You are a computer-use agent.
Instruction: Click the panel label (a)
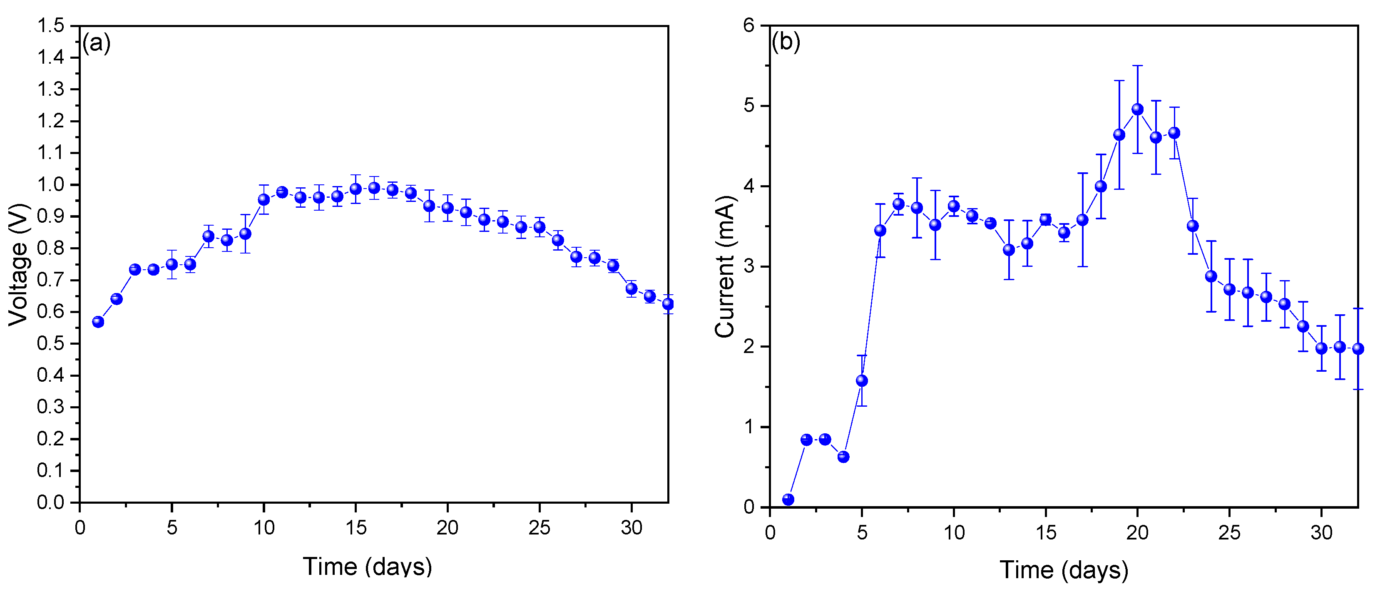click(97, 42)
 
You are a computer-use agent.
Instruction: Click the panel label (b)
click(786, 41)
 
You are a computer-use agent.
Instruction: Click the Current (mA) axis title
click(724, 266)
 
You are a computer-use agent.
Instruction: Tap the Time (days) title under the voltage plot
click(367, 566)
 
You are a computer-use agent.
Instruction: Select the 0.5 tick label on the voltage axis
click(51, 343)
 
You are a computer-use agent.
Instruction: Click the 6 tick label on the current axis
click(749, 25)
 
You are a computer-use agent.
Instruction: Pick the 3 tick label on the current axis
click(749, 266)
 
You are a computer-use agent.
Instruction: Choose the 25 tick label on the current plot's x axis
click(1229, 532)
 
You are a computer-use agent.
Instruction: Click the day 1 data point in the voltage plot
click(98, 322)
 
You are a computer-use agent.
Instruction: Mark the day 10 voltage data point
click(264, 200)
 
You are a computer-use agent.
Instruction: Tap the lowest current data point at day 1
click(788, 499)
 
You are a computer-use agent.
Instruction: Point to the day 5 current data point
click(861, 381)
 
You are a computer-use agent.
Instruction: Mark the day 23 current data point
click(1193, 226)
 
